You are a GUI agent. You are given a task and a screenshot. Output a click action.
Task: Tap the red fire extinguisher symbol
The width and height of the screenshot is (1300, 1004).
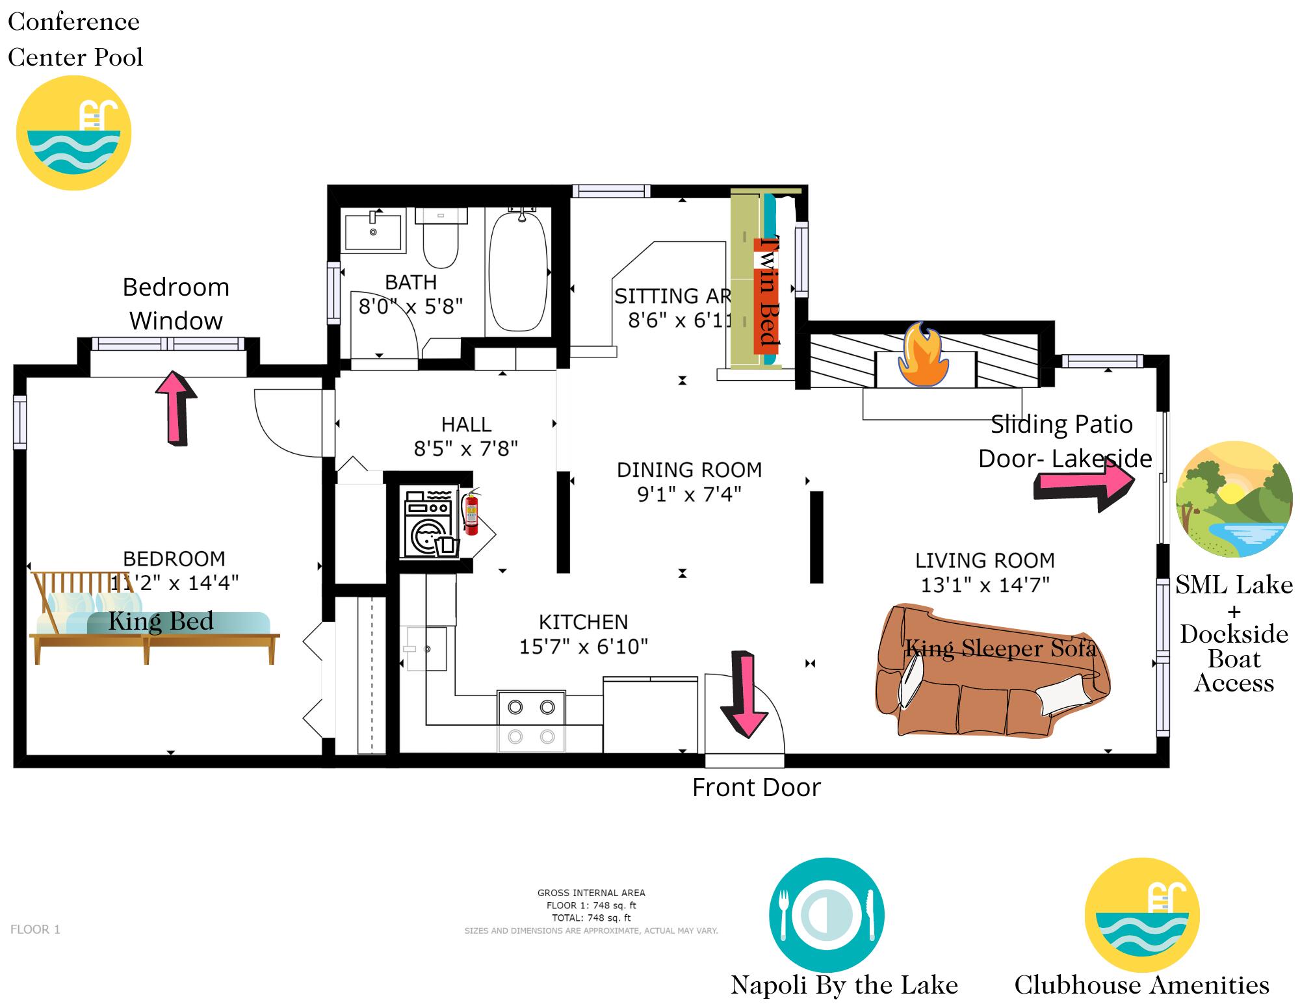[x=471, y=513]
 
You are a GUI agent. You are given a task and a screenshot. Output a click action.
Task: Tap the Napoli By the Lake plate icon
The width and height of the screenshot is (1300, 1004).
[x=826, y=914]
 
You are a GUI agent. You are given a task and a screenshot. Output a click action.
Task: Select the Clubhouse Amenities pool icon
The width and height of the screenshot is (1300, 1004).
[x=1142, y=914]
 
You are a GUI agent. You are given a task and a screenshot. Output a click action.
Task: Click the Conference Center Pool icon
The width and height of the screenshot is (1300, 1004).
[x=73, y=133]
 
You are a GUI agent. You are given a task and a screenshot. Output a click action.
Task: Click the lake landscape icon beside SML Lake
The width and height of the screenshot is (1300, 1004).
[x=1234, y=499]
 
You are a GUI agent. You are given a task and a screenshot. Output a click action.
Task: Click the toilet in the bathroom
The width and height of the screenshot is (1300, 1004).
[x=441, y=238]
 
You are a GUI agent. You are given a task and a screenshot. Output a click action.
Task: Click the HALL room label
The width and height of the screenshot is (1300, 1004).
[x=466, y=424]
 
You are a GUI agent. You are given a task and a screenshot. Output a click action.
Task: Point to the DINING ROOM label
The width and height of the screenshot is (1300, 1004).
[x=689, y=470]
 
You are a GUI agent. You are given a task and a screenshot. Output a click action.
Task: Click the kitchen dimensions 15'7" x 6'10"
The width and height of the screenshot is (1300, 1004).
[x=583, y=647]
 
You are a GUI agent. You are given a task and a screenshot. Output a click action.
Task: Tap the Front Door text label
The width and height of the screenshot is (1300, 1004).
[x=756, y=788]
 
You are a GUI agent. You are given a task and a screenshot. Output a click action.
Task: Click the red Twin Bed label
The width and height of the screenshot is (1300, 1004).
[x=767, y=296]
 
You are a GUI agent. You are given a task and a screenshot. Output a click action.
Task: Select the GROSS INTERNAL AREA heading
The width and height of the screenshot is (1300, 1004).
[x=591, y=893]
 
